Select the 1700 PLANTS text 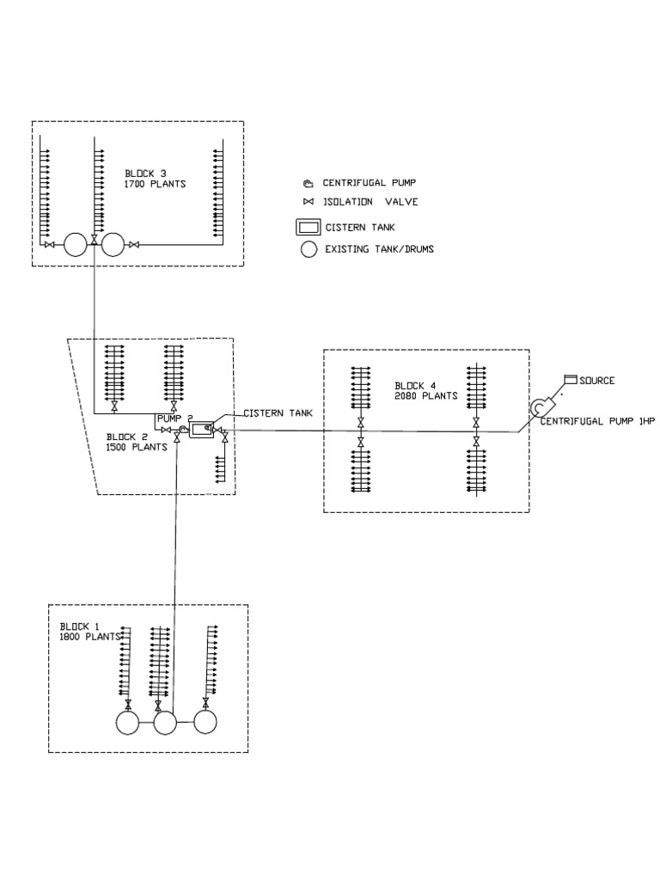click(x=156, y=184)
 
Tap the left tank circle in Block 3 click(x=76, y=246)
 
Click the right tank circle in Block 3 click(x=113, y=246)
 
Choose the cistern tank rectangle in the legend click(x=308, y=228)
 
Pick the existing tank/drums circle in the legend click(x=308, y=250)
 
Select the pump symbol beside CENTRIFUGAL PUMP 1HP click(x=541, y=407)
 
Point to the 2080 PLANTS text click(x=426, y=396)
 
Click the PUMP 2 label click(x=174, y=418)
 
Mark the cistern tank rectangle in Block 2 click(x=202, y=431)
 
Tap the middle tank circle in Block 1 click(x=165, y=723)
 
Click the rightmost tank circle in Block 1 click(x=205, y=723)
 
